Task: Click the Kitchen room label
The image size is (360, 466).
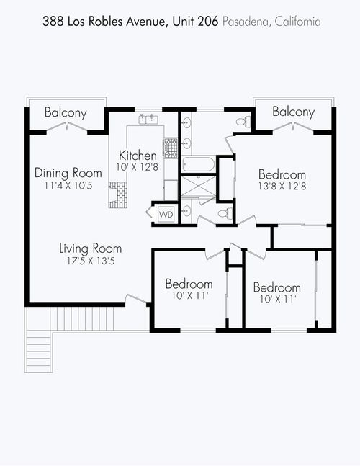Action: [x=138, y=155]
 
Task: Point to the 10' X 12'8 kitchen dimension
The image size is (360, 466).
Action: [x=138, y=167]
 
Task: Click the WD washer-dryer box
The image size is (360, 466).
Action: [x=166, y=214]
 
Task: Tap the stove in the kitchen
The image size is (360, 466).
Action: [x=171, y=148]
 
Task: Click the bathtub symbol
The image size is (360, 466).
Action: [x=197, y=165]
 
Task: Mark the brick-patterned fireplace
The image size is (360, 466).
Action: [x=117, y=194]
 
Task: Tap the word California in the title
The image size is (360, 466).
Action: [x=295, y=22]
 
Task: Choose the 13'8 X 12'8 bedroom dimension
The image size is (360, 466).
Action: [x=282, y=187]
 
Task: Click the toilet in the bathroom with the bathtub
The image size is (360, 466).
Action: [x=245, y=121]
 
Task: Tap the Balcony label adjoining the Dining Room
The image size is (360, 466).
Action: [x=66, y=112]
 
